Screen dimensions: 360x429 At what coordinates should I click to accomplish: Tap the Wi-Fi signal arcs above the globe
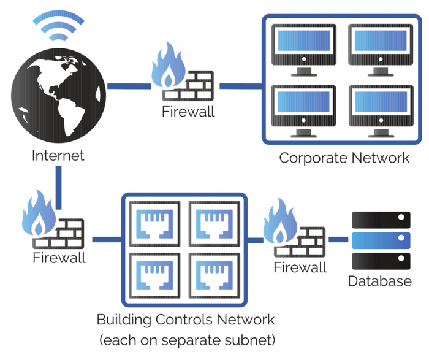coord(57,25)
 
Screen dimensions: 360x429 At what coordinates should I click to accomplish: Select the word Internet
coord(58,155)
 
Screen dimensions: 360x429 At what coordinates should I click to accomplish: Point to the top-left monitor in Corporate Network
coord(303,47)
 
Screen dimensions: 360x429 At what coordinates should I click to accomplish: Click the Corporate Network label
coord(344,158)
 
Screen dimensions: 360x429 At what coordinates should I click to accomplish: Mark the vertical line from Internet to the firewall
coord(59,187)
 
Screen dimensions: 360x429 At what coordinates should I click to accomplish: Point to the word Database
coord(380,281)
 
